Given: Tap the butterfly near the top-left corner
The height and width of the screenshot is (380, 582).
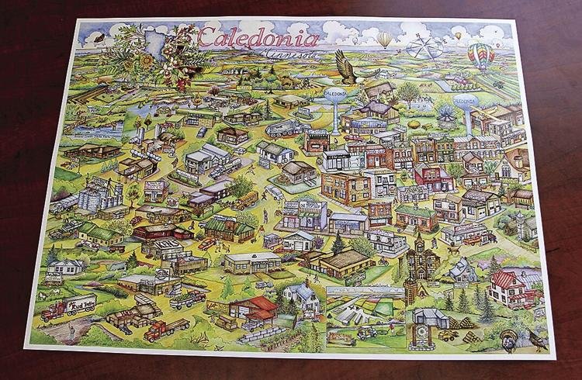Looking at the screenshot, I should pos(99,36).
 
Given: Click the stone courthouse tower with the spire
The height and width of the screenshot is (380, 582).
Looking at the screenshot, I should pos(422,260).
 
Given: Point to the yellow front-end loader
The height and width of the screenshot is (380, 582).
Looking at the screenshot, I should pos(451,335).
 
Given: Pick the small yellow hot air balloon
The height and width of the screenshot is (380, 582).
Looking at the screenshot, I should pos(385,39).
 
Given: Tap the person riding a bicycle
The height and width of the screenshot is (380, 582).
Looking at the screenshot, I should pos(382,261).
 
